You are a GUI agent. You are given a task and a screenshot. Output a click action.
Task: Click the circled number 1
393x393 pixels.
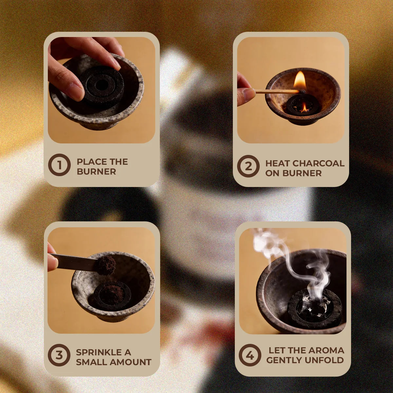click(x=59, y=165)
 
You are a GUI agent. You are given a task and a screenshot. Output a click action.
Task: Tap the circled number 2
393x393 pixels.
click(x=248, y=166)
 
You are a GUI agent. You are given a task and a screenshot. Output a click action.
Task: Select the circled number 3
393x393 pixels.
click(x=59, y=355)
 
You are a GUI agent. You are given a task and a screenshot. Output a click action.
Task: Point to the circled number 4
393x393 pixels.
click(x=250, y=355)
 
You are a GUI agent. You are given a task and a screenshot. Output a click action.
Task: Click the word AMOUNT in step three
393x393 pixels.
click(x=131, y=362)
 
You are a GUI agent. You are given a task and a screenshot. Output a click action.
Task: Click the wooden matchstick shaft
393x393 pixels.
click(x=277, y=91)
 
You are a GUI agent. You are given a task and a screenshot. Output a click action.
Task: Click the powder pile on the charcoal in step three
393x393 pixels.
click(x=111, y=293)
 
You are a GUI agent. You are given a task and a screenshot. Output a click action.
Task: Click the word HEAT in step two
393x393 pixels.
click(x=278, y=163)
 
